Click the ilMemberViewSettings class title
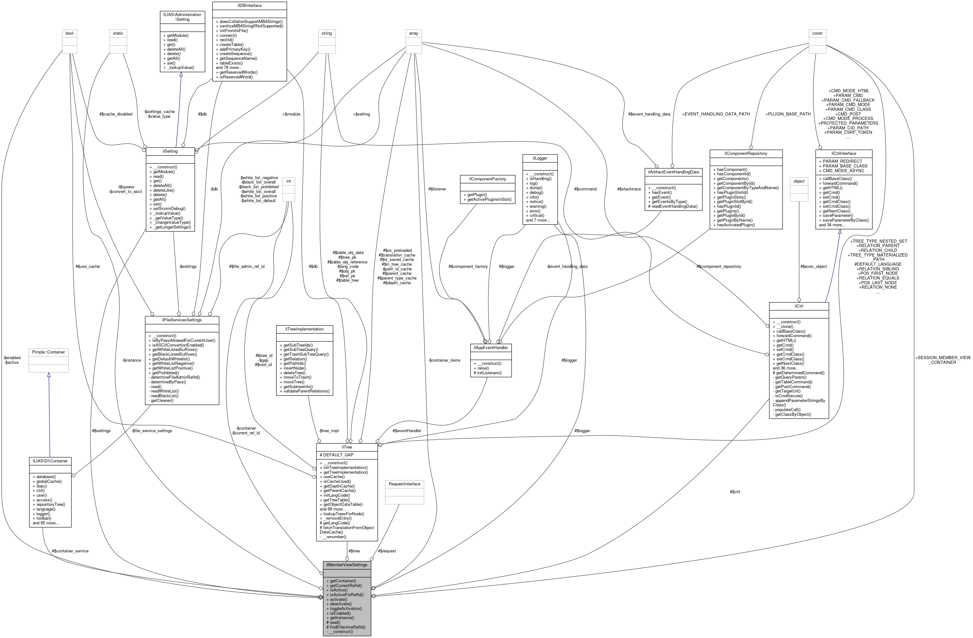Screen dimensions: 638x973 click(347, 565)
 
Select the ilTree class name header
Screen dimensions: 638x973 click(347, 447)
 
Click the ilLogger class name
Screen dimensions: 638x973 click(540, 158)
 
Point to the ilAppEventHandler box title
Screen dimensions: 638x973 click(490, 347)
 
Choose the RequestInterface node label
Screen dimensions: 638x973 click(404, 484)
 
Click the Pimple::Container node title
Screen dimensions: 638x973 click(48, 352)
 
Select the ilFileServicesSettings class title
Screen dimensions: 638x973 click(182, 319)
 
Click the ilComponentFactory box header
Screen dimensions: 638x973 click(488, 179)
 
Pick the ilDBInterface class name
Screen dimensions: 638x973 click(249, 6)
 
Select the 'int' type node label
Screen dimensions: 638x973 click(288, 181)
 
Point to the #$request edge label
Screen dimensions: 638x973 click(387, 551)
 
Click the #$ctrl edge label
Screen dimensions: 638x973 click(735, 492)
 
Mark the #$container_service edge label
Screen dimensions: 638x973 click(70, 551)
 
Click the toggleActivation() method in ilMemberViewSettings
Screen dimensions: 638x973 click(345, 608)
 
